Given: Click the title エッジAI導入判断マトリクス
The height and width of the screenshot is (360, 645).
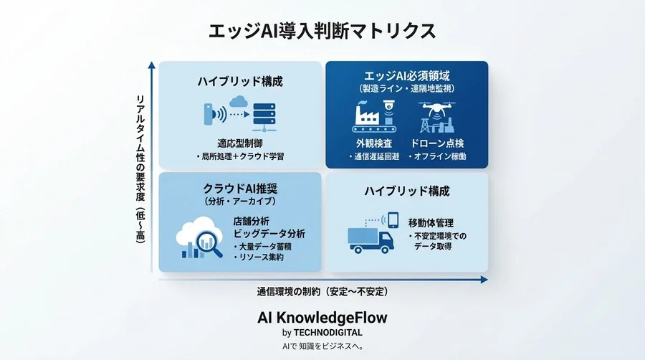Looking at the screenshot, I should (x=322, y=31).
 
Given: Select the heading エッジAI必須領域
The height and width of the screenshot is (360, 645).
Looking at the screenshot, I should (x=406, y=75).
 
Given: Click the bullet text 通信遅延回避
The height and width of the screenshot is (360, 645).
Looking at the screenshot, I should (x=373, y=156).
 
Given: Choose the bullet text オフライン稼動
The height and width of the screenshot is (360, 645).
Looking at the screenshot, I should (x=437, y=156).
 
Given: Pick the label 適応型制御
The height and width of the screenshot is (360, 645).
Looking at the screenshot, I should (x=240, y=142).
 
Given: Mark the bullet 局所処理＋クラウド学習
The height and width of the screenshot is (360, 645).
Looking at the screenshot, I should (x=240, y=156).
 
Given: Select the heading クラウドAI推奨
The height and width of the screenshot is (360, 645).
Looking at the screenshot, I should (x=240, y=189).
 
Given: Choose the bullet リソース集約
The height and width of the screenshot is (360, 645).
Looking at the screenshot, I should (x=257, y=257).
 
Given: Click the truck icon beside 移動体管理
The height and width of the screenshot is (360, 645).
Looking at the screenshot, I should (x=370, y=239).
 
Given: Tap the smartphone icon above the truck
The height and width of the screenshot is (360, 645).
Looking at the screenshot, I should (x=392, y=218).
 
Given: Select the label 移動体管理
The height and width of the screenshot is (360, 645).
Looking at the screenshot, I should (x=431, y=223).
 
